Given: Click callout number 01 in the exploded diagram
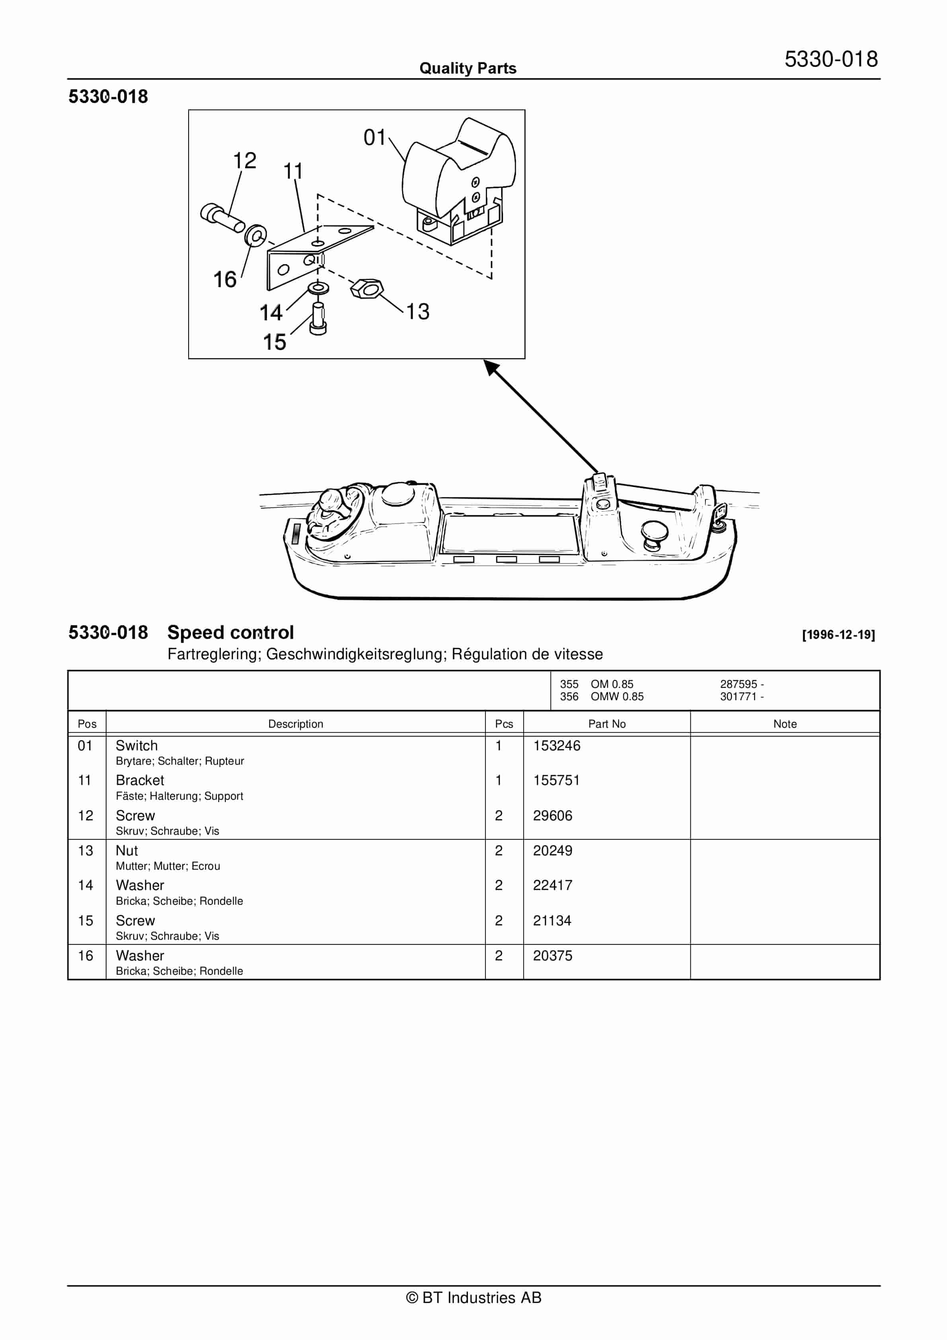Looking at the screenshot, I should click(x=374, y=138).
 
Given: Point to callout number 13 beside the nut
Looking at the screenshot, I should click(x=417, y=312).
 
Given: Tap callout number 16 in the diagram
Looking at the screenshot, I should click(x=225, y=280).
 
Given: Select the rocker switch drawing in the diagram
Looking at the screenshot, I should click(x=459, y=182).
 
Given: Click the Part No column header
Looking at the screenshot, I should click(x=607, y=724).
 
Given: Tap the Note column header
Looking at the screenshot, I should click(x=785, y=724).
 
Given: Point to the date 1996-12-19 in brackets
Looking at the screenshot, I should click(x=838, y=635).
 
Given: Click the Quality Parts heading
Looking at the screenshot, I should click(x=468, y=68).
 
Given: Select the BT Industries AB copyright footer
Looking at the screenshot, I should click(x=473, y=1297).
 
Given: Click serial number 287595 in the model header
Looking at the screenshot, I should click(x=739, y=684).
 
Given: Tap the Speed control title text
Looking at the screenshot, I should click(x=231, y=632).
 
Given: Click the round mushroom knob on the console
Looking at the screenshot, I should click(x=653, y=533).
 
